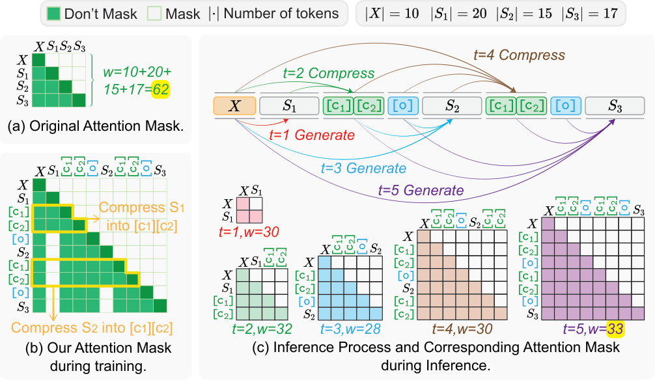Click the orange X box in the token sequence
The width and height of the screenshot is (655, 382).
click(234, 105)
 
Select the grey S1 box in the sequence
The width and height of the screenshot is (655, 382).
click(289, 105)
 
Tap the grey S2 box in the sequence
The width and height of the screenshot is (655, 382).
click(452, 105)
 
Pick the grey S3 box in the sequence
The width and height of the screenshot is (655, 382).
click(615, 105)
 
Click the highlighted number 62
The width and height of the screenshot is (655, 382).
click(161, 89)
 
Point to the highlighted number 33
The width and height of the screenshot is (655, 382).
click(615, 329)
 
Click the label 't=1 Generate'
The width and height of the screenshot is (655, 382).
click(312, 135)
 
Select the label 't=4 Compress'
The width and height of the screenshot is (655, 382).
click(519, 55)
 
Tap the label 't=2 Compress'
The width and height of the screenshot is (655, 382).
click(329, 73)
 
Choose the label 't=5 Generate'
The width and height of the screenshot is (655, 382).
click(421, 191)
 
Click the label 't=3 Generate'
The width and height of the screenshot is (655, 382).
click(363, 169)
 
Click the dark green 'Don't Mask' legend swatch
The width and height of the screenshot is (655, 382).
click(53, 14)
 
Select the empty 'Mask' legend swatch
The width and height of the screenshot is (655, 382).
click(154, 14)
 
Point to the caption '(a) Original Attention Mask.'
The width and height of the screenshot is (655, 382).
click(96, 126)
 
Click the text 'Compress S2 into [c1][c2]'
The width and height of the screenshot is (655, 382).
click(92, 328)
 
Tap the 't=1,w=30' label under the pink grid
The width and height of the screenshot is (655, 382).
click(249, 232)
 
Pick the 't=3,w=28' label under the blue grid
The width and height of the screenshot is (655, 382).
click(350, 329)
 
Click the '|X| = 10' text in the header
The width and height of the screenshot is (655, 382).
click(392, 14)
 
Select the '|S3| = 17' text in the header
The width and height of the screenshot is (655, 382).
click(590, 14)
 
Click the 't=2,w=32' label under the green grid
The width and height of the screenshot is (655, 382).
click(262, 329)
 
